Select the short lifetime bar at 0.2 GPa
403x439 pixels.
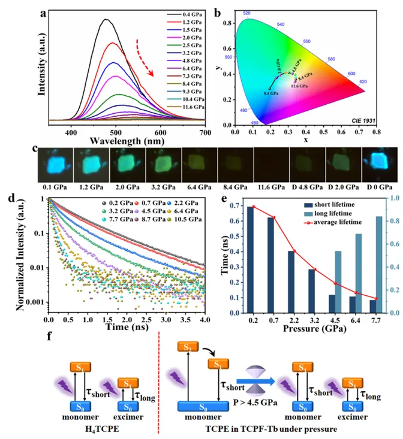(x=249, y=259)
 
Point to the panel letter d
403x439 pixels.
(x=11, y=198)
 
